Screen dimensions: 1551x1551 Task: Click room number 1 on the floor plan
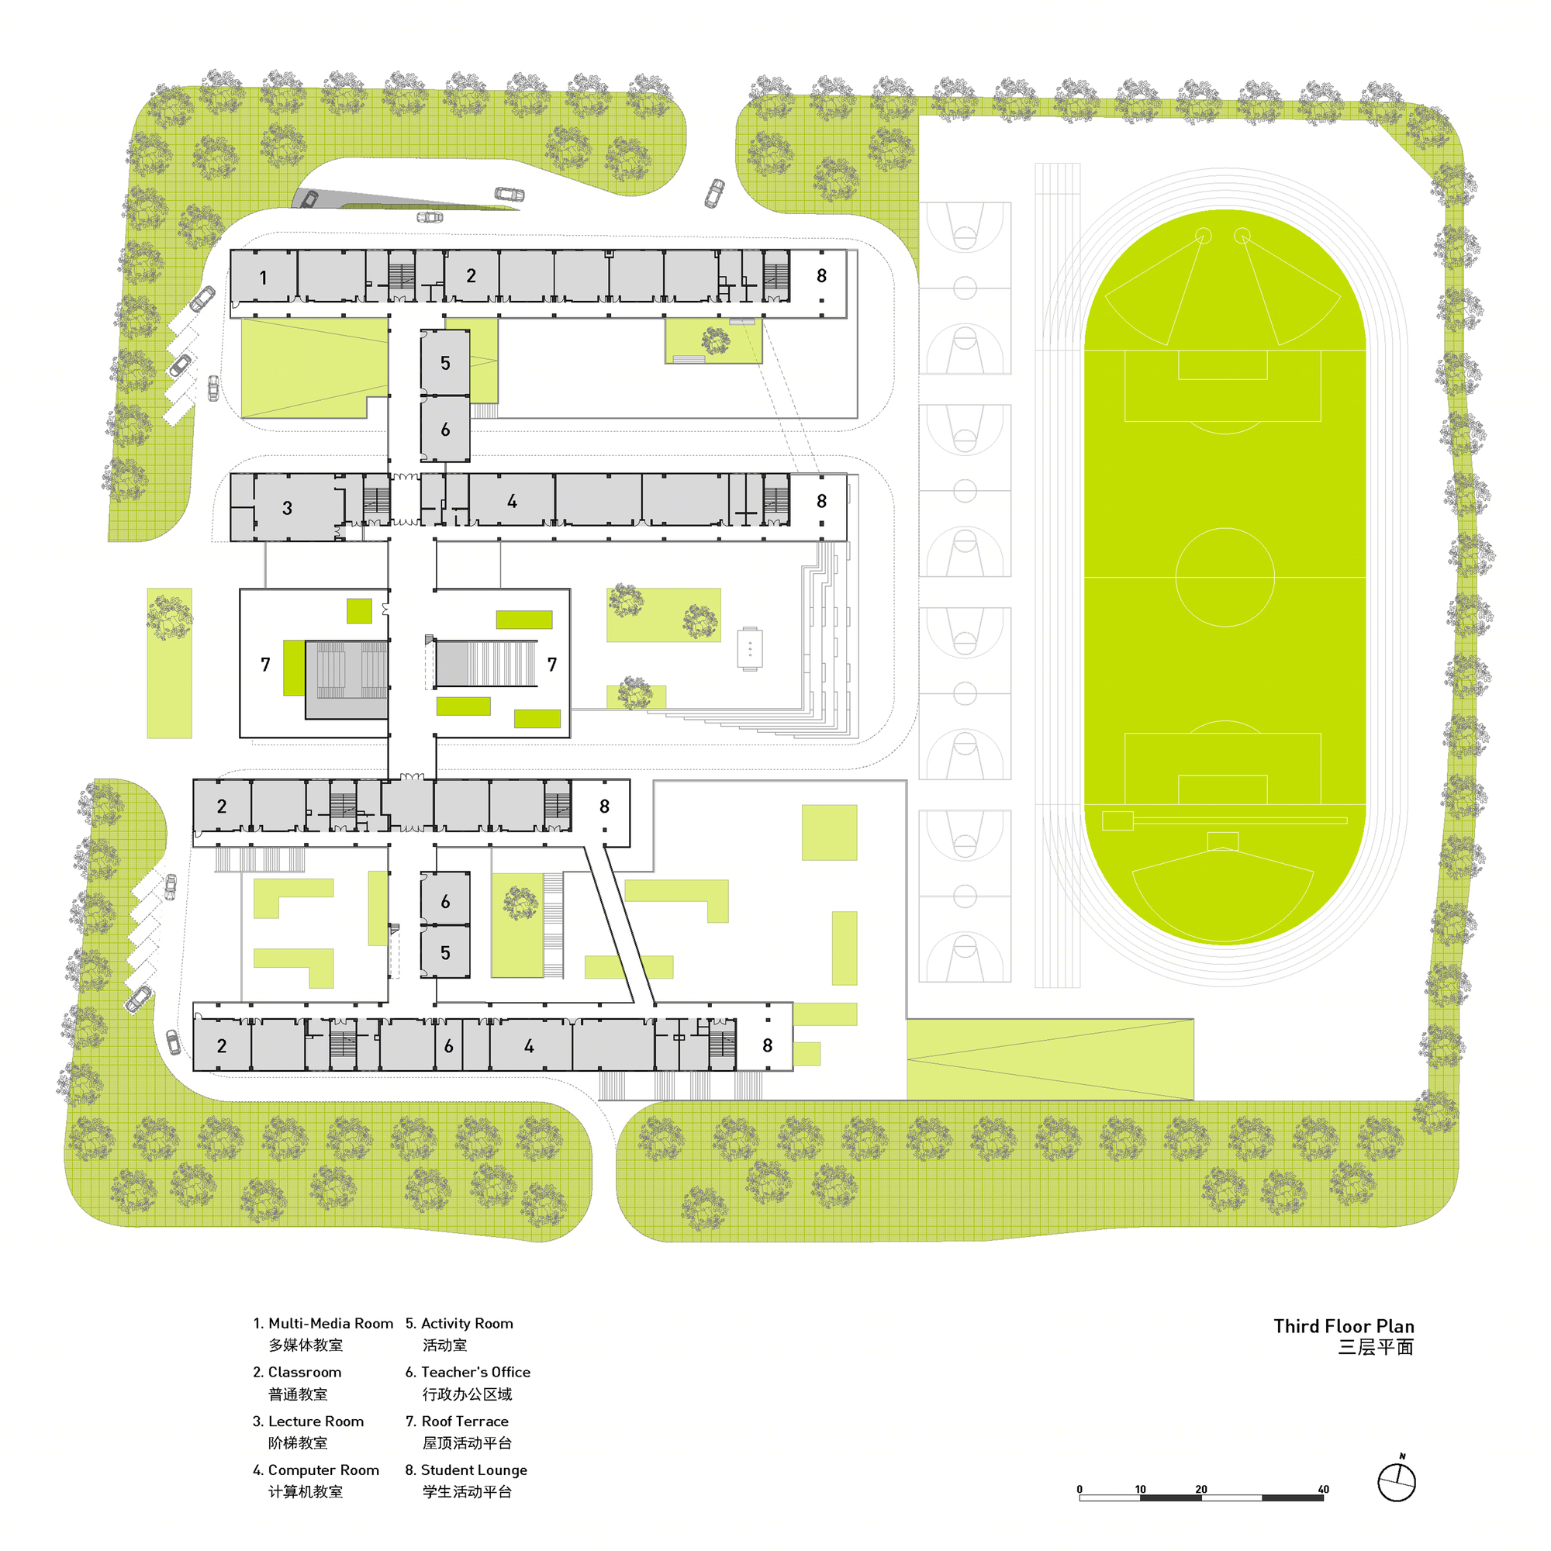coord(264,278)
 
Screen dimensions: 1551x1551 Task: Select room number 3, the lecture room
coord(288,508)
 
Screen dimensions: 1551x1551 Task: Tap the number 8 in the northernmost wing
coord(821,276)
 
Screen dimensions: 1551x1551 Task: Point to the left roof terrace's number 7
coord(266,665)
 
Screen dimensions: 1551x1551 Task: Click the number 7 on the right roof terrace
coord(552,665)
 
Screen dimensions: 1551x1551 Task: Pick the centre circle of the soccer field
coord(1225,577)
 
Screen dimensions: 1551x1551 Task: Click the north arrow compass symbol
coord(1397,1480)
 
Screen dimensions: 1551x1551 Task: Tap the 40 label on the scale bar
coord(1324,1489)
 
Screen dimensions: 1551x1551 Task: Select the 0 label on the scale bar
coord(1079,1489)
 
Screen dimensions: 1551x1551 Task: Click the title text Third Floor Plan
coord(1344,1326)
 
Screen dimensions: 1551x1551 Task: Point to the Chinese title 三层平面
coord(1375,1347)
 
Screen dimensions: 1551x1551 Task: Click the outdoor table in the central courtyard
coord(750,648)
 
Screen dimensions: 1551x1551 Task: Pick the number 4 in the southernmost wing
coord(529,1046)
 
